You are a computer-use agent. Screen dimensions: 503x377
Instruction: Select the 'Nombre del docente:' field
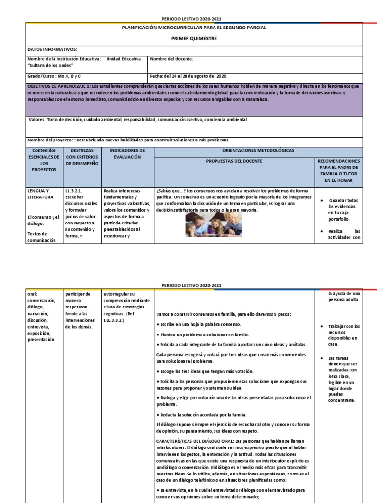pyautogui.click(x=171, y=59)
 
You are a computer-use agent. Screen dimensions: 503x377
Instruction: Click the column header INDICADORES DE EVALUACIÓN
pyautogui.click(x=127, y=153)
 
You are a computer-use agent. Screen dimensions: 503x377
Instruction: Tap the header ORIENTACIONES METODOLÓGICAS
pyautogui.click(x=258, y=150)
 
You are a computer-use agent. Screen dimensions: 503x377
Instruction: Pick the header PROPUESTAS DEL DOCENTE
pyautogui.click(x=235, y=161)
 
